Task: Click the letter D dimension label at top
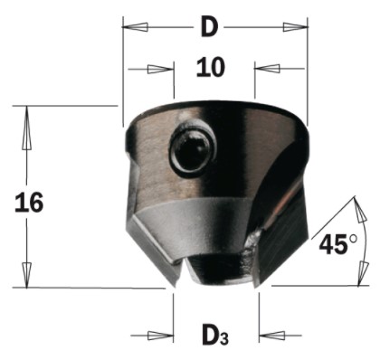point(209,27)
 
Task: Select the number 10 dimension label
point(211,68)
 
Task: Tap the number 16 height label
point(29,203)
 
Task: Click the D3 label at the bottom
point(215,334)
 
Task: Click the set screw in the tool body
point(193,148)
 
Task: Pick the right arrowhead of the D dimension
point(295,27)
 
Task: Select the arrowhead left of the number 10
point(161,69)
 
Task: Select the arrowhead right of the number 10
point(267,69)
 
